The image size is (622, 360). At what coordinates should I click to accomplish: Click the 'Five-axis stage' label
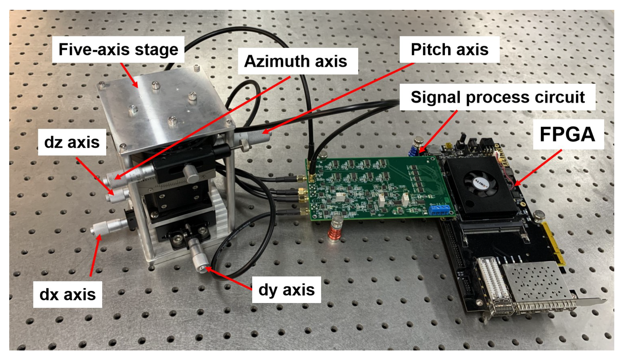click(x=118, y=50)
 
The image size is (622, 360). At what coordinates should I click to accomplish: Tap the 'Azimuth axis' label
click(x=296, y=61)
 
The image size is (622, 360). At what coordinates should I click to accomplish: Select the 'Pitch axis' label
click(x=449, y=50)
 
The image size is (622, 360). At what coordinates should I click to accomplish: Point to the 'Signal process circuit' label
click(x=497, y=97)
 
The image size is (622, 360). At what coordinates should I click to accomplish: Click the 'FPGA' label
click(x=567, y=134)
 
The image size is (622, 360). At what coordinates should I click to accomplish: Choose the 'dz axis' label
click(x=72, y=142)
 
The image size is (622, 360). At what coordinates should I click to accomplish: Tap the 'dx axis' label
click(x=67, y=294)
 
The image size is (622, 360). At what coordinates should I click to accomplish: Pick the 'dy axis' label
click(x=286, y=290)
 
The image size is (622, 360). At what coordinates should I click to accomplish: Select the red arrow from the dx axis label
click(x=95, y=256)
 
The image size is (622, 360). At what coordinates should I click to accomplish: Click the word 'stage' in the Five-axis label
click(x=156, y=50)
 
